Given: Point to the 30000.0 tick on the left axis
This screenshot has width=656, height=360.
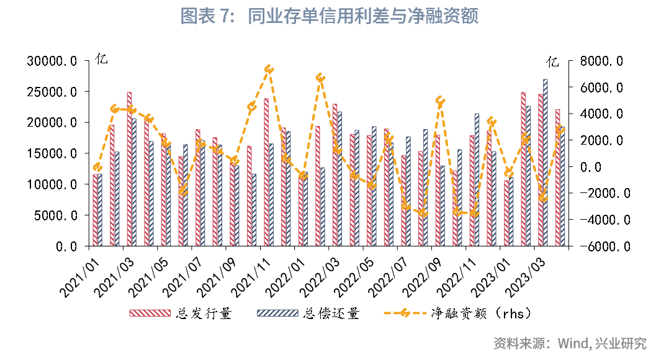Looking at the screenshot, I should point(52,61).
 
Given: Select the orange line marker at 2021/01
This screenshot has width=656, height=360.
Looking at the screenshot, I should point(97,167).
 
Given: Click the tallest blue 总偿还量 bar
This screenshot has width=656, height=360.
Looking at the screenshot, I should point(546,163).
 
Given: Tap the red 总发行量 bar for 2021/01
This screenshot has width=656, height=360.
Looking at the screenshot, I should point(95,210).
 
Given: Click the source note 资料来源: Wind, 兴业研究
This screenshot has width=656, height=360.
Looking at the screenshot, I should point(570,343).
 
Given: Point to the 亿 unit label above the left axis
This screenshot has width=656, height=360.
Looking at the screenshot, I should point(101,60).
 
